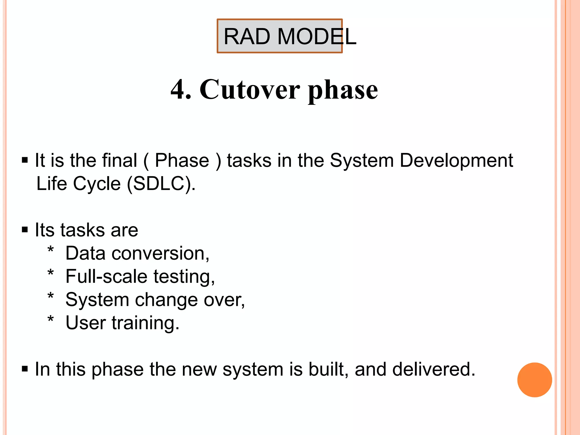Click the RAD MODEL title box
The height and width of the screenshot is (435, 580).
tap(280, 36)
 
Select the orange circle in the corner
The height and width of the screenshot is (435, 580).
tap(534, 380)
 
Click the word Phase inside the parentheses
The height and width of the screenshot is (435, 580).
tap(182, 161)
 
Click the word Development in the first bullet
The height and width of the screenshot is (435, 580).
tap(456, 161)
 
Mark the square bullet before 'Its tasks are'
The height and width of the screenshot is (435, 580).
tap(25, 230)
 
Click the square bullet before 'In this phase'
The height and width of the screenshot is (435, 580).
tap(25, 369)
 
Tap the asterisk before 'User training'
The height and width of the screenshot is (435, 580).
tap(50, 319)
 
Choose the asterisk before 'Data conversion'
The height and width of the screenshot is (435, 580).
tap(50, 250)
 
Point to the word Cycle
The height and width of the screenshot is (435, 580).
tap(97, 184)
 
